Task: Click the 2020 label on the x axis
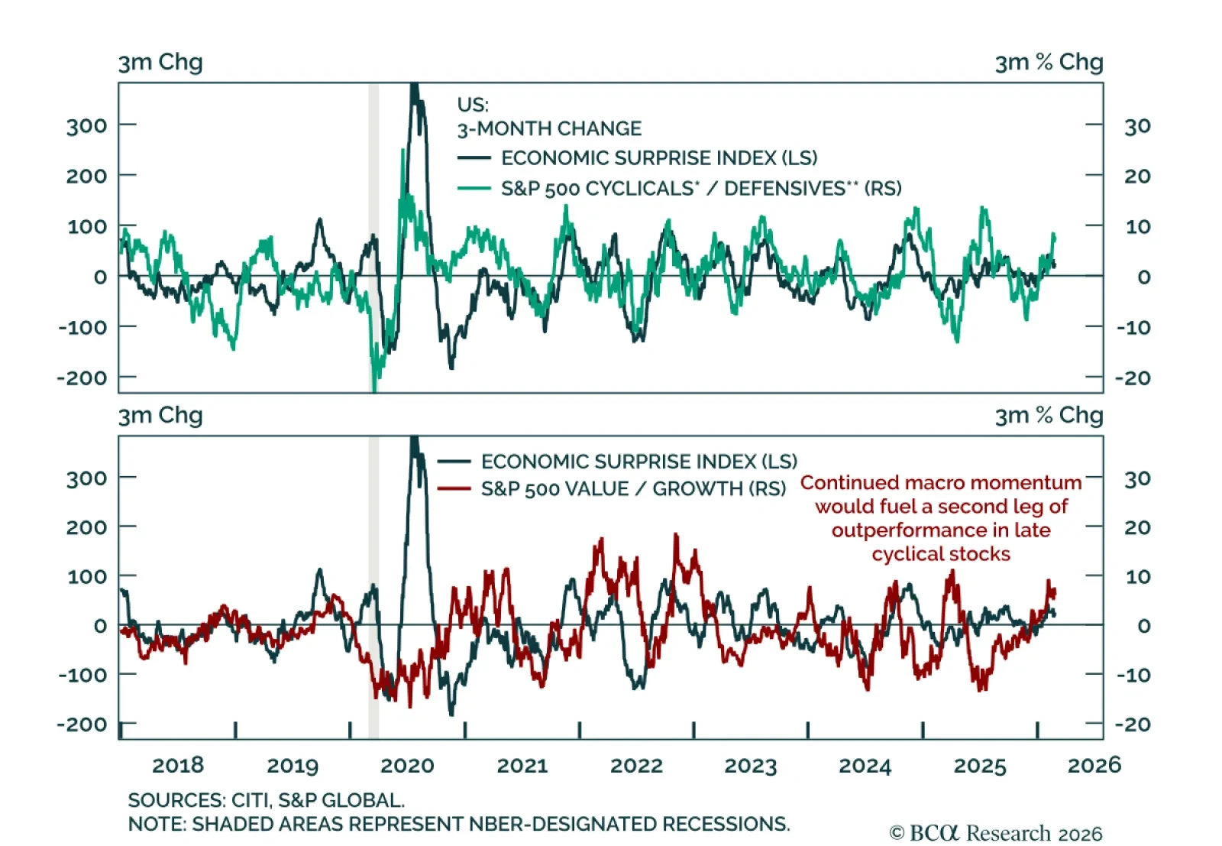pyautogui.click(x=407, y=765)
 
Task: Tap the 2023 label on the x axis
pyautogui.click(x=750, y=765)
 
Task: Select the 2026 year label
pyautogui.click(x=1094, y=765)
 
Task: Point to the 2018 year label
pyautogui.click(x=178, y=765)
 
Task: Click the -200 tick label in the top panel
pyautogui.click(x=82, y=378)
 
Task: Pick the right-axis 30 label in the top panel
pyautogui.click(x=1137, y=126)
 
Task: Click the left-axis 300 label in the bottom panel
pyautogui.click(x=86, y=479)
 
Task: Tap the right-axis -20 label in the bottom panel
pyautogui.click(x=1133, y=724)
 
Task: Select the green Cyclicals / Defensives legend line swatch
pyautogui.click(x=474, y=188)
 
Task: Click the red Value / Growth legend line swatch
pyautogui.click(x=454, y=488)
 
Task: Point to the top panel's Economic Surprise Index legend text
pyautogui.click(x=659, y=158)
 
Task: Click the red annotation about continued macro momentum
pyautogui.click(x=941, y=518)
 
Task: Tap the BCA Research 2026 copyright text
pyautogui.click(x=995, y=832)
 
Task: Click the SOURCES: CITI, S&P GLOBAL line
pyautogui.click(x=266, y=800)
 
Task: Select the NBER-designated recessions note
pyautogui.click(x=458, y=824)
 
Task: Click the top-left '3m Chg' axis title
pyautogui.click(x=160, y=62)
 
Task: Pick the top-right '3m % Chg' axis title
pyautogui.click(x=1049, y=62)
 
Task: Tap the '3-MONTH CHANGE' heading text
pyautogui.click(x=549, y=128)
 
